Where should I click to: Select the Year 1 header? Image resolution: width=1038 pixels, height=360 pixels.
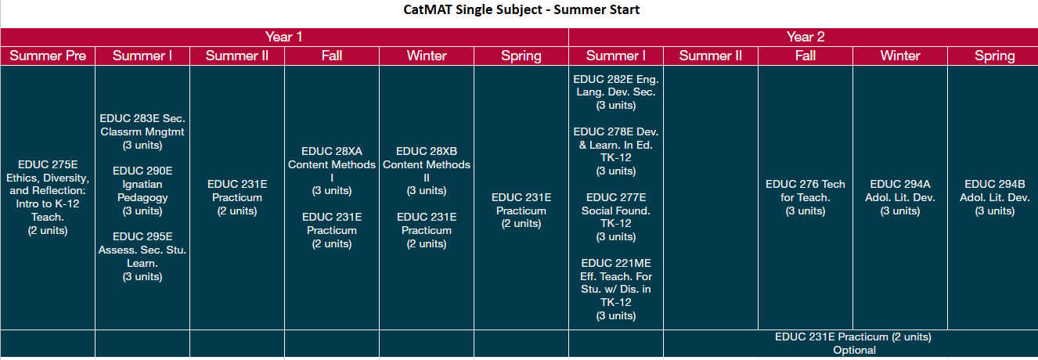283,37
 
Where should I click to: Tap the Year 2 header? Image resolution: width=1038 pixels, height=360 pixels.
805,37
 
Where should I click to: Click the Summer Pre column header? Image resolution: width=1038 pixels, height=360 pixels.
48,56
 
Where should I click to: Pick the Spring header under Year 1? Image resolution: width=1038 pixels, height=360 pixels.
521,56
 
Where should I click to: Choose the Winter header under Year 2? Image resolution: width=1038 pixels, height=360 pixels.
899,56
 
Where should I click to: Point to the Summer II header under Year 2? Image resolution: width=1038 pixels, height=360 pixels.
710,56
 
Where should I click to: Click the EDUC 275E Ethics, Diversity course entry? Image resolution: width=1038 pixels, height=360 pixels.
48,197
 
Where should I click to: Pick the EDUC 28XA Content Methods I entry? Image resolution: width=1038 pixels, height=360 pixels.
332,171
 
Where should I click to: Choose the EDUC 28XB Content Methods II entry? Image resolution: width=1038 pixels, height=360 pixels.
427,171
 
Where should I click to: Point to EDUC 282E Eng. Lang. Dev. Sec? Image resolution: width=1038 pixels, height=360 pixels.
616,92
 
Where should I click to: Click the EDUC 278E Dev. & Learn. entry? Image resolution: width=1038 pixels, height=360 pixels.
616,151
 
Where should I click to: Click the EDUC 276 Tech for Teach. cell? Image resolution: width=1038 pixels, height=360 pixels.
805,197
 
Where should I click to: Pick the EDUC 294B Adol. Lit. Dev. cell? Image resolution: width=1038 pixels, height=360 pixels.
994,197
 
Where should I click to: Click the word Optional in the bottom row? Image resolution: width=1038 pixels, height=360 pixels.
853,350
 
